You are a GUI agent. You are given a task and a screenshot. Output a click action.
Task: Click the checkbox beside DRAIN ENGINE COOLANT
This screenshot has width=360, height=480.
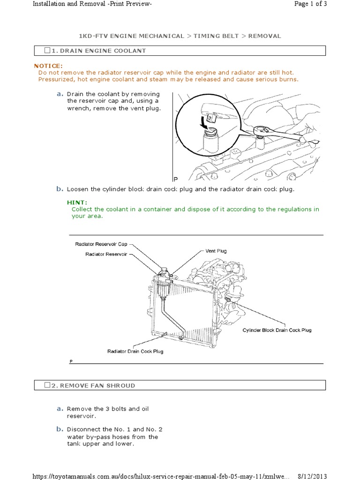tap(47, 51)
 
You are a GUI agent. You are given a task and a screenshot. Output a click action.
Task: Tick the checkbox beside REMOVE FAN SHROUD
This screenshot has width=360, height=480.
tap(47, 385)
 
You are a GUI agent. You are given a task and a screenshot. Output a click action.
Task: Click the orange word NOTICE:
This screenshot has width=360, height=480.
tap(48, 66)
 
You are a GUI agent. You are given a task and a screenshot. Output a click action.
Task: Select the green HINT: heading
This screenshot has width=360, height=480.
tap(77, 202)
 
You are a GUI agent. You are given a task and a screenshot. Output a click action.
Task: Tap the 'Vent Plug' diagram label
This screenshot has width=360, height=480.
tap(216, 251)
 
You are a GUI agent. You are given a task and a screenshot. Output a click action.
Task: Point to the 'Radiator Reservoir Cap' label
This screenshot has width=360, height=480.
tap(101, 244)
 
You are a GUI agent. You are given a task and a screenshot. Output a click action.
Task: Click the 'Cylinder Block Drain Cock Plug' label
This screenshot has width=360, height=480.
tap(277, 330)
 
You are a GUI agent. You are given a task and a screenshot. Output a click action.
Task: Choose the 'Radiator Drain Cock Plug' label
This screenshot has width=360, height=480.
tap(135, 351)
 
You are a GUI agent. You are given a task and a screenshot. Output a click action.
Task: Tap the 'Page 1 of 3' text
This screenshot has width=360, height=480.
tap(310, 4)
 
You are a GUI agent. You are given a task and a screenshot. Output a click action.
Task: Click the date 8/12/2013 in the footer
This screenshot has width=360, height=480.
tap(312, 476)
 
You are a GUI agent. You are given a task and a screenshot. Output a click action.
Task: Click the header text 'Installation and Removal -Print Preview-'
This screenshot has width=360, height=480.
tap(92, 4)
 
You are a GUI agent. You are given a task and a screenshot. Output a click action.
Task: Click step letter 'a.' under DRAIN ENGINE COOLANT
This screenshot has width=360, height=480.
tap(60, 94)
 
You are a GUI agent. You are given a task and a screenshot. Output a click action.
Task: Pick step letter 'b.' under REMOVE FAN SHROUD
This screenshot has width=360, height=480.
tap(60, 429)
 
